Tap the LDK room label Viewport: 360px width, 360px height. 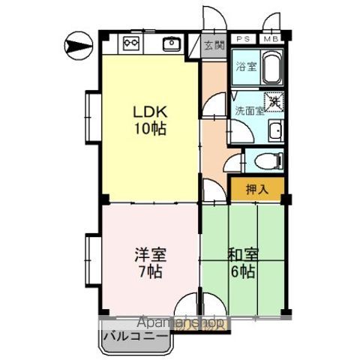tap(149, 111)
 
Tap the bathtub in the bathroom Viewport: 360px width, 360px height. tap(271, 67)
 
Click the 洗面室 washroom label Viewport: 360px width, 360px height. tap(248, 110)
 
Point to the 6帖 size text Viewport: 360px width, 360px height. tap(241, 271)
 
